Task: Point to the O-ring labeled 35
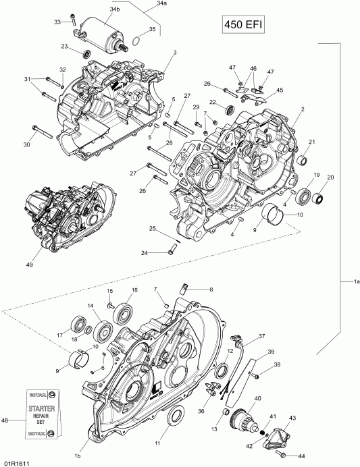coord(136,40)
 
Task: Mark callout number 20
coord(330,177)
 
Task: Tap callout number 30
coord(26,144)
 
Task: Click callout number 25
coord(153,230)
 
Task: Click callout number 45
coord(280,90)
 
